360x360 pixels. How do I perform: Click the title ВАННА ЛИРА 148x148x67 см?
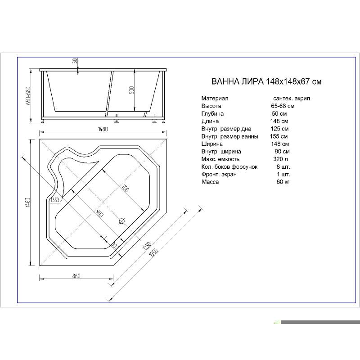266,82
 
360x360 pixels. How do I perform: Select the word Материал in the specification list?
215,98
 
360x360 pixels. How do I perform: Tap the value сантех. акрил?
291,98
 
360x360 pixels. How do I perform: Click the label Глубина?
212,113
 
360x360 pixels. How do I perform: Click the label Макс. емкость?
220,159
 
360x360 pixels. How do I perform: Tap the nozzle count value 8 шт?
283,166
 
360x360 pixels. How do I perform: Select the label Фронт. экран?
219,174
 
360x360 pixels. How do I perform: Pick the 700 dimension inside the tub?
124,189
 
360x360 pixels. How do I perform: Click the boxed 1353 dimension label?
55,200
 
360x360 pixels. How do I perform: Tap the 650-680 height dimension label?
28,96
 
